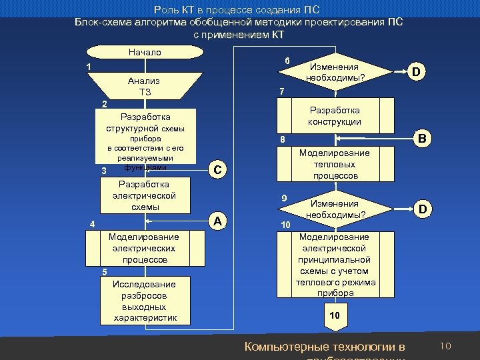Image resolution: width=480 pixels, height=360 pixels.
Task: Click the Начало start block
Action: point(144,52)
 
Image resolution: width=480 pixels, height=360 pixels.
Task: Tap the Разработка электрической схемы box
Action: point(144,195)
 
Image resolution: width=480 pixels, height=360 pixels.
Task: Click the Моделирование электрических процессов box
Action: point(144,248)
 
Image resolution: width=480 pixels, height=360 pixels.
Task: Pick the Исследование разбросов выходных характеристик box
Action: point(144,301)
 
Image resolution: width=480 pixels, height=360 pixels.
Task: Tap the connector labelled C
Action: point(220,170)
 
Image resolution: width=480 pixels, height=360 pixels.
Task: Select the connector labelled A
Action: point(220,221)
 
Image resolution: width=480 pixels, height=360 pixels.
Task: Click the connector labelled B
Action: point(421,139)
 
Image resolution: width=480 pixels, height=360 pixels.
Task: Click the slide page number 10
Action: point(446,345)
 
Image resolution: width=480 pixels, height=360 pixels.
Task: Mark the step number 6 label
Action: point(287,61)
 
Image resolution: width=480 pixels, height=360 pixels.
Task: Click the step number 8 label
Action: point(283,139)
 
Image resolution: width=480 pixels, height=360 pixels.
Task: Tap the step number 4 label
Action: point(93,224)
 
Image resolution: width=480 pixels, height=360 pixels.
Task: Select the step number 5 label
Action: point(104,271)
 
